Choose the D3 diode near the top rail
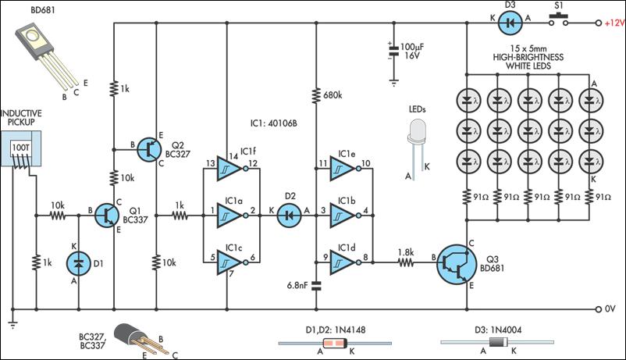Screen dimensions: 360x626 pyautogui.click(x=510, y=23)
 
